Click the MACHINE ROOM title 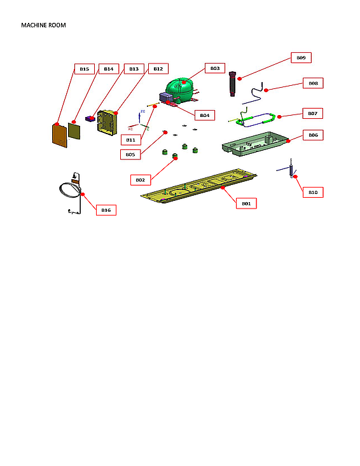pyautogui.click(x=43, y=25)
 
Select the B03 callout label pyautogui.click(x=215, y=68)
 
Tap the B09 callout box pyautogui.click(x=301, y=58)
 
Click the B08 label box pyautogui.click(x=313, y=83)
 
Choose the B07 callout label pyautogui.click(x=312, y=114)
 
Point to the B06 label pyautogui.click(x=313, y=135)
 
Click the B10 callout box pyautogui.click(x=312, y=192)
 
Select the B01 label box pyautogui.click(x=246, y=203)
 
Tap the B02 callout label pyautogui.click(x=141, y=180)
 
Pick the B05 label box pyautogui.click(x=130, y=154)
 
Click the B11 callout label pyautogui.click(x=130, y=139)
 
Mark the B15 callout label pyautogui.click(x=85, y=69)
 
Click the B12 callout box pyautogui.click(x=158, y=69)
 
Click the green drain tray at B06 pyautogui.click(x=254, y=143)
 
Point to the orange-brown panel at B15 pyautogui.click(x=59, y=135)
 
